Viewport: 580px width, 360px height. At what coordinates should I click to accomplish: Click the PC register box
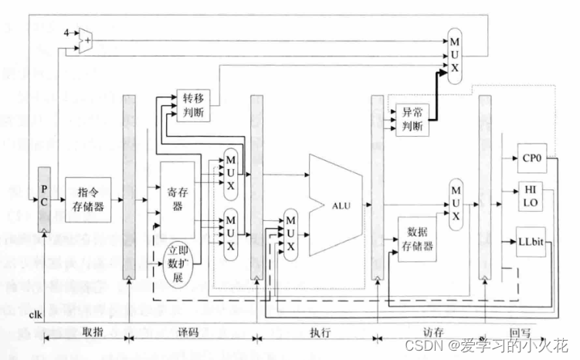(x=44, y=199)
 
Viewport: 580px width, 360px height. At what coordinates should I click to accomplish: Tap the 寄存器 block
(x=177, y=199)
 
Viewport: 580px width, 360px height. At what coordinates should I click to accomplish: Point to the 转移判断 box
(x=192, y=106)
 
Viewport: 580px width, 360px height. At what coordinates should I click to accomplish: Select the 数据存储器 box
(x=418, y=240)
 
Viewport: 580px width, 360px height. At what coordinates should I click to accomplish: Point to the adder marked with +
(x=86, y=39)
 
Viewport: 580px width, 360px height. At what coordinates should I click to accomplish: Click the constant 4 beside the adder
(x=67, y=32)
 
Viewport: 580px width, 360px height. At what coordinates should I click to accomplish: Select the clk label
(x=35, y=315)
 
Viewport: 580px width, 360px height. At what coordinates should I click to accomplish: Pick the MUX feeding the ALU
(x=291, y=235)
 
